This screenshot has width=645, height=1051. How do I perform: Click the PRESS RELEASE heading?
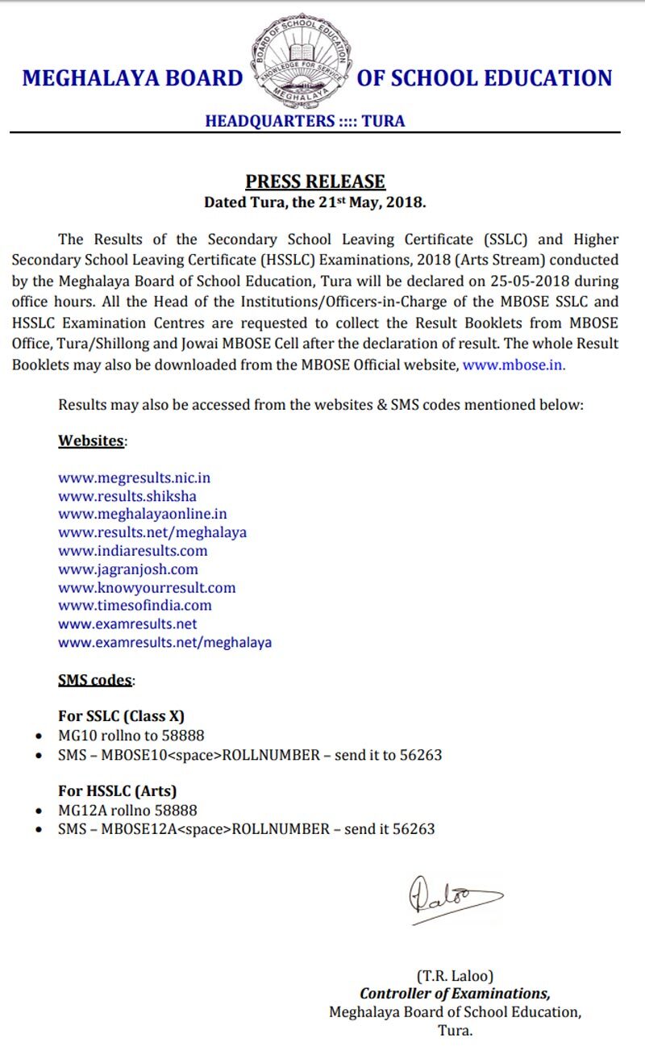coord(315,181)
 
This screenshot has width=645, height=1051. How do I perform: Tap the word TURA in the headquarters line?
coord(383,122)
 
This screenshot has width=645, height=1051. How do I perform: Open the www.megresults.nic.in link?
coord(134,478)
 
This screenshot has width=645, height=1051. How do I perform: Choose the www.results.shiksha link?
coord(127,496)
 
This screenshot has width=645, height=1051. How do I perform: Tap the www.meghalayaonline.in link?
coord(142,514)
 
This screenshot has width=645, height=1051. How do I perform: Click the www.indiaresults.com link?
coord(132,551)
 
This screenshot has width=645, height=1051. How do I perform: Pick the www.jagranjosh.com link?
coord(127,569)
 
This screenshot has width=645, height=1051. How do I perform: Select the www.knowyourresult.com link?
coord(147,588)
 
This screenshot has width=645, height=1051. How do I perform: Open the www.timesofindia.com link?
coord(135,605)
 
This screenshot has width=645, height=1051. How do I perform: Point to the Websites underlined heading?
coord(91,441)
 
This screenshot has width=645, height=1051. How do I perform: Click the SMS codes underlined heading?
coord(94,680)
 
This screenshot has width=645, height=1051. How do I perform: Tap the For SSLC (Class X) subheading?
coord(122,716)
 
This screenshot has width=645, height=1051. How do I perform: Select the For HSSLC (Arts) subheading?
coord(117,790)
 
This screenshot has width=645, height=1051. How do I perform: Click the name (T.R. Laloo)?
coord(455,976)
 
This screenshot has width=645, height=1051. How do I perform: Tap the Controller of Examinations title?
coord(455,994)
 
